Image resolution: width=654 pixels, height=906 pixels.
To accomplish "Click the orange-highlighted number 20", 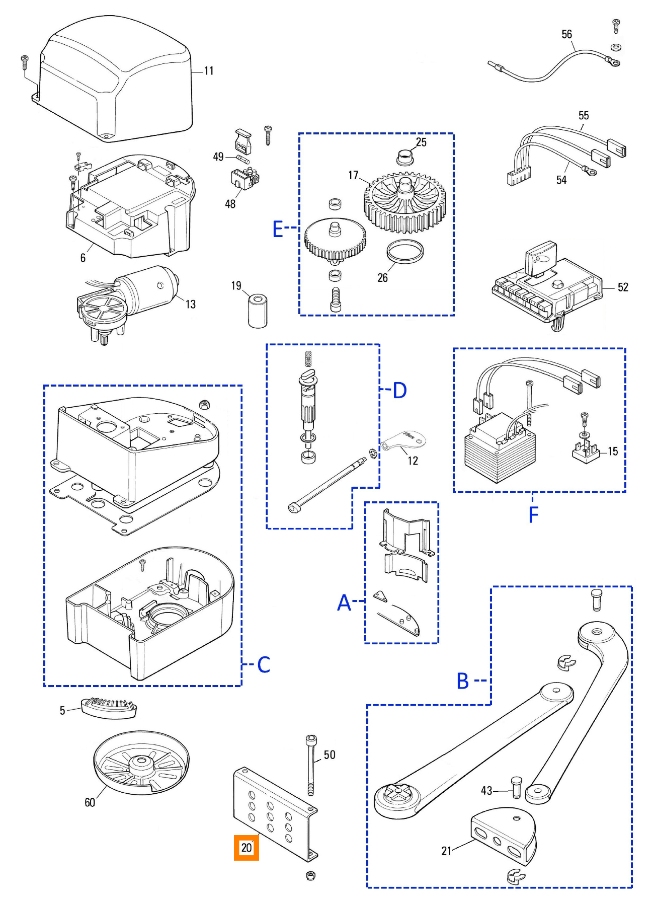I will click(247, 848).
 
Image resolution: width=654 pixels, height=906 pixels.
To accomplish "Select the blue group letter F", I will click(533, 514).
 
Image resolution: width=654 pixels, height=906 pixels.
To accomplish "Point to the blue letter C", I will click(264, 665).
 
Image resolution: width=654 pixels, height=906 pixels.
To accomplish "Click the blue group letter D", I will click(399, 390).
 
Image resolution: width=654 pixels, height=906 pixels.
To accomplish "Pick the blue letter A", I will click(344, 602).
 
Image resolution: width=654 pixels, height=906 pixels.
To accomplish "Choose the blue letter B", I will click(463, 681).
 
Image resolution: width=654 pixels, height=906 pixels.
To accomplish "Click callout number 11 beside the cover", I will click(209, 71).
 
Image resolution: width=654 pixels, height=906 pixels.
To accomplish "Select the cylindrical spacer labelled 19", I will click(258, 312).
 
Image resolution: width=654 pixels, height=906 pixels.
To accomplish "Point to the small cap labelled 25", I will click(404, 157).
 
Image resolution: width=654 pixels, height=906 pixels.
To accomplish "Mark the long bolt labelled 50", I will click(311, 765).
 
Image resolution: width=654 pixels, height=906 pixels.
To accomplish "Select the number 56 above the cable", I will click(566, 34).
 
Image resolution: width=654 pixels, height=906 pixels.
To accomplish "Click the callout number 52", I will click(623, 287).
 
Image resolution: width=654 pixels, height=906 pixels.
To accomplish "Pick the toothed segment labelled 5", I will click(109, 707).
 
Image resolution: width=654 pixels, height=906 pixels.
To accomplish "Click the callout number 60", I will click(90, 802).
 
